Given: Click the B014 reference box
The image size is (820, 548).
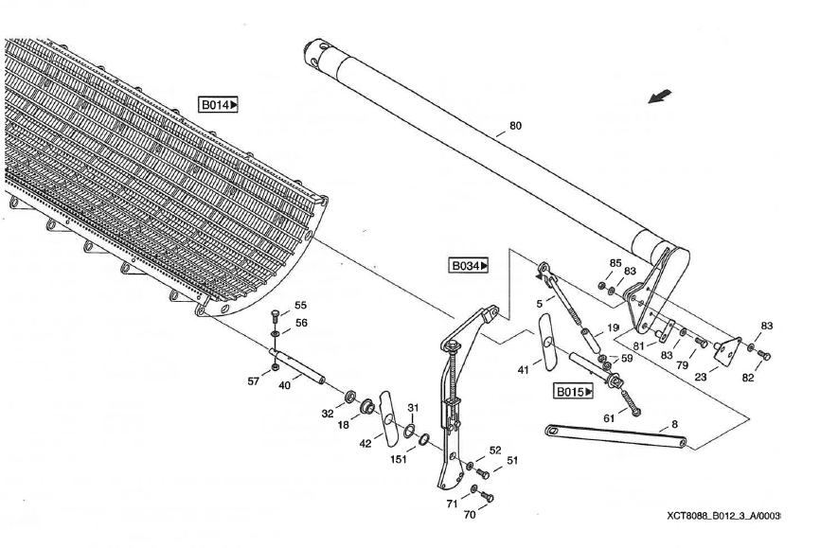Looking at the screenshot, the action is click(x=219, y=104).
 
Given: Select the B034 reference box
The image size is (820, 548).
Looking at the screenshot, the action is click(x=469, y=266).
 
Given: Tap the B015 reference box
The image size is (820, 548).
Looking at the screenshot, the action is click(x=573, y=391).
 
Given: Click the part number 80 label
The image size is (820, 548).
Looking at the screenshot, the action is click(x=515, y=126).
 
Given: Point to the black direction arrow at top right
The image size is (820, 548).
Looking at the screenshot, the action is click(x=660, y=97).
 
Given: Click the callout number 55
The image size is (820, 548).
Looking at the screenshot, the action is click(x=301, y=306).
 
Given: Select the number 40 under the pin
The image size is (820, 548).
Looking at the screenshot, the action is click(x=284, y=385).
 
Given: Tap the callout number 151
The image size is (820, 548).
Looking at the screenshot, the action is click(x=399, y=459).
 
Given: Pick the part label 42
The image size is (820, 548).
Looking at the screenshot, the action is click(x=365, y=444).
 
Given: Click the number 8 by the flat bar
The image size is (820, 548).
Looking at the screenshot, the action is click(x=674, y=424).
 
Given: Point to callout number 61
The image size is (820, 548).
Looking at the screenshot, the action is click(x=609, y=418).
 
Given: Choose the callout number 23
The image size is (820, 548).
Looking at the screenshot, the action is click(x=701, y=377).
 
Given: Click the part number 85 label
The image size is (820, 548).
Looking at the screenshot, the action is click(x=615, y=263).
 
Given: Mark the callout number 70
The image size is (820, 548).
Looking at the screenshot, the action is click(x=470, y=515).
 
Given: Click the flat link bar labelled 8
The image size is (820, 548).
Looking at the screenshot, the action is click(x=616, y=436).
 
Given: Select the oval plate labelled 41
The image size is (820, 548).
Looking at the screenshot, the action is click(x=547, y=342).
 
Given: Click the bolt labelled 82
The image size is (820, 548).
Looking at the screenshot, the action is click(x=763, y=356).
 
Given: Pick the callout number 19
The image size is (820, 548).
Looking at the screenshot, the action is click(x=613, y=327).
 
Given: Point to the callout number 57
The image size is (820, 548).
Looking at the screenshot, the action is click(x=254, y=381).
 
